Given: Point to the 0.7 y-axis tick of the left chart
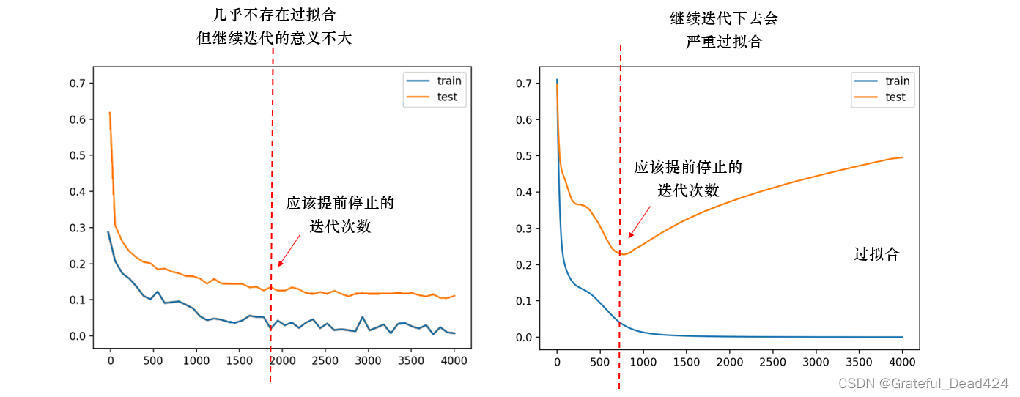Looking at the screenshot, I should coord(78,83).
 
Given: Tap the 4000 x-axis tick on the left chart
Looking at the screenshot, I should coord(454,360).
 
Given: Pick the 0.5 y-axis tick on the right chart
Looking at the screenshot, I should coord(524,155).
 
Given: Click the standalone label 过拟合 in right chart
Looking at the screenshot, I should coord(876,254).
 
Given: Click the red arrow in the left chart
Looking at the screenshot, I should coord(289,251).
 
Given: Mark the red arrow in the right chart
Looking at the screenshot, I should coord(639,222).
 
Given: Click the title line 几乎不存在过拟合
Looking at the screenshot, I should coord(274,15).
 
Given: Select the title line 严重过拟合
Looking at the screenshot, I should coord(723,42).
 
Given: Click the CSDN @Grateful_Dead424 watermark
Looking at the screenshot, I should coord(923,383).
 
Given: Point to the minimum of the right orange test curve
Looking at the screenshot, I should coord(621,254).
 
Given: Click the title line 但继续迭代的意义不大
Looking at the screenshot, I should coord(274,38).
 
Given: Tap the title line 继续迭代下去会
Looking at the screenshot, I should coord(723,18).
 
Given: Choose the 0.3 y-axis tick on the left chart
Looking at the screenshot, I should coord(78,228).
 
